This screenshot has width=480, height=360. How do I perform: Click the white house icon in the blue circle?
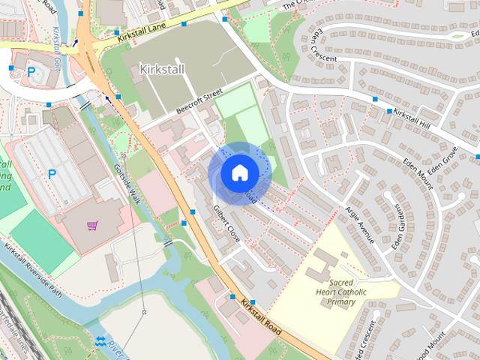click(x=239, y=172)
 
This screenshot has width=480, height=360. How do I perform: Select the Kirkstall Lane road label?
click(x=142, y=31)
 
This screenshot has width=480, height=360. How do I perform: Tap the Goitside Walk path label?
click(x=125, y=184)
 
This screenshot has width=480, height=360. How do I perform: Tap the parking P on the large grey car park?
click(x=52, y=174)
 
